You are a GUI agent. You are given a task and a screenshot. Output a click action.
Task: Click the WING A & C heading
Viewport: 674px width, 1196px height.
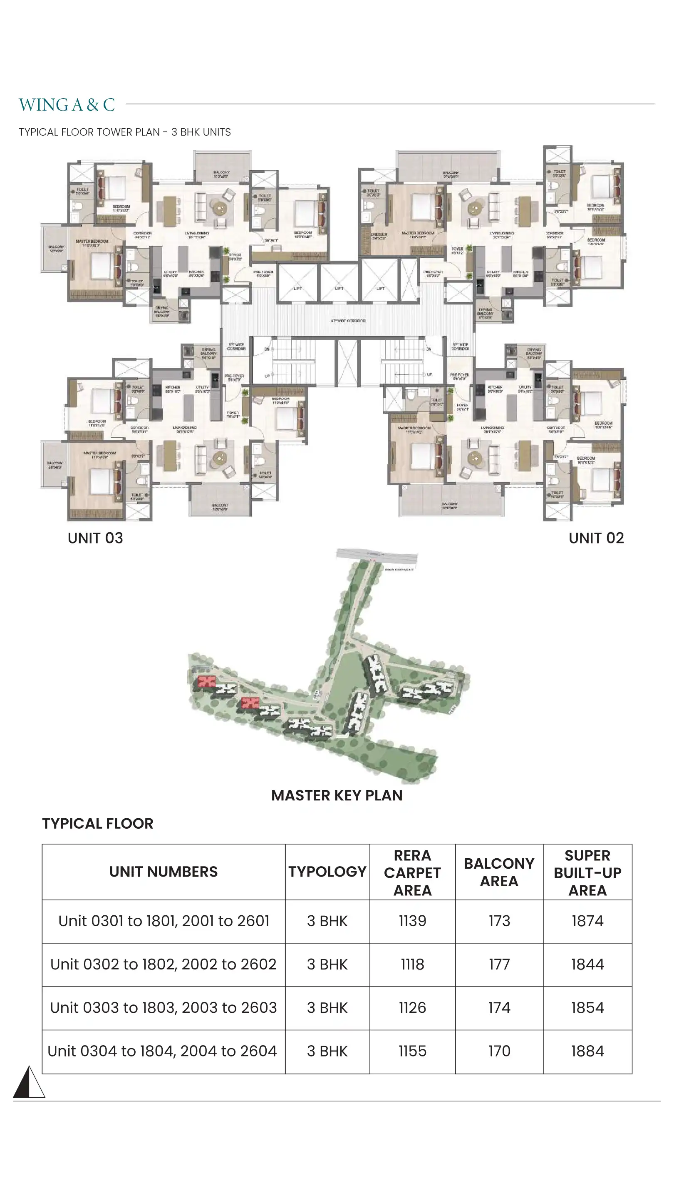pyautogui.click(x=67, y=105)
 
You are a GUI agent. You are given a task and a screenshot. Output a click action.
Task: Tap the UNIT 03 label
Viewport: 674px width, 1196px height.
pyautogui.click(x=95, y=538)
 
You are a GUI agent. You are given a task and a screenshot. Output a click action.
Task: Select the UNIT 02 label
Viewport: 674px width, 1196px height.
pyautogui.click(x=596, y=538)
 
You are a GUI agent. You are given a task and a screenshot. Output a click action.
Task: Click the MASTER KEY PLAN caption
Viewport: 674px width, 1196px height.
pyautogui.click(x=337, y=795)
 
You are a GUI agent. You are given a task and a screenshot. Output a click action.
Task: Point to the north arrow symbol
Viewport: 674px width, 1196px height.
pyautogui.click(x=29, y=1082)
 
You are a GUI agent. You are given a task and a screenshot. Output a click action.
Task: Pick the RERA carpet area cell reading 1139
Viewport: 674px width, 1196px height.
pyautogui.click(x=412, y=921)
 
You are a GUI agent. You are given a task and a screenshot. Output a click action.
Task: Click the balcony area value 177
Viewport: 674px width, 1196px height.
pyautogui.click(x=499, y=964)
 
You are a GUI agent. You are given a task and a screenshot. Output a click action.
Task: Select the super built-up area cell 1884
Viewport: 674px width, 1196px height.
pyautogui.click(x=587, y=1051)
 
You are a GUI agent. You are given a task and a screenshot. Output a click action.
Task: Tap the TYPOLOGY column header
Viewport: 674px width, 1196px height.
pyautogui.click(x=327, y=872)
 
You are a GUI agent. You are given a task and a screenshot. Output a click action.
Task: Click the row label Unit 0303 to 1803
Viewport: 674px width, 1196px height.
pyautogui.click(x=163, y=1007)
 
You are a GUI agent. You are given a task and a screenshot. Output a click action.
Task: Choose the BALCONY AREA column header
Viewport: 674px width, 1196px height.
pyautogui.click(x=499, y=872)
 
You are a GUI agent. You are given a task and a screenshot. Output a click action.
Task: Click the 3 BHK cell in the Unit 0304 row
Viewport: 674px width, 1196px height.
pyautogui.click(x=327, y=1051)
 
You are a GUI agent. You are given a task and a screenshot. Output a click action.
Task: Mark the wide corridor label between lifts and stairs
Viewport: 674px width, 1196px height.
pyautogui.click(x=348, y=321)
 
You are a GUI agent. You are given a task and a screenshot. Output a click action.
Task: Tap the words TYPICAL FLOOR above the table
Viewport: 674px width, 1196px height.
pyautogui.click(x=97, y=823)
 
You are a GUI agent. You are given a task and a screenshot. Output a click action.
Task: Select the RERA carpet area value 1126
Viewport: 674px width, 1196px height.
pyautogui.click(x=412, y=1007)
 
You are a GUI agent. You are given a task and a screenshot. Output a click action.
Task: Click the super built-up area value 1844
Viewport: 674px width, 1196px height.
pyautogui.click(x=587, y=964)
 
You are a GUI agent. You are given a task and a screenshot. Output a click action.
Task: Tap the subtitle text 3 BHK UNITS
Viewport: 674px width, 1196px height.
pyautogui.click(x=201, y=132)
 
